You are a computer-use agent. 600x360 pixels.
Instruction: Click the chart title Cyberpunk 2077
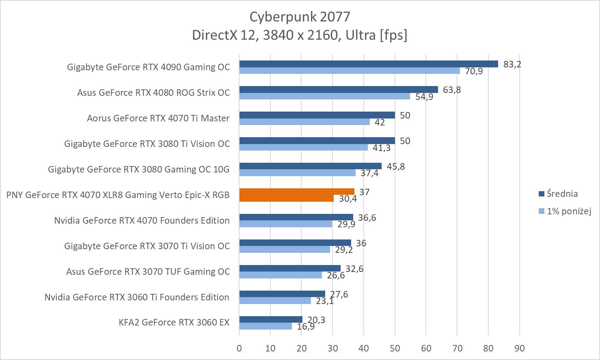[x=300, y=17]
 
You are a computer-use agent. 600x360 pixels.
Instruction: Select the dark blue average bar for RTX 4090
[x=368, y=64]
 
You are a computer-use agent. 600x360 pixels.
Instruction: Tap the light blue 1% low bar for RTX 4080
[x=324, y=96]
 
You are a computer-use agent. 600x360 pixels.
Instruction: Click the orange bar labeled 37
[x=296, y=192]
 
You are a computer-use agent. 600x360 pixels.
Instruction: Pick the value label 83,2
[x=512, y=64]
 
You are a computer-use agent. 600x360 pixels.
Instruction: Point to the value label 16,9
[x=306, y=326]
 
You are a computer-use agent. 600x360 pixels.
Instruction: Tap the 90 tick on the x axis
[x=519, y=348]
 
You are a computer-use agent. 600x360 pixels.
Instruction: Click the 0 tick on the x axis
[x=239, y=348]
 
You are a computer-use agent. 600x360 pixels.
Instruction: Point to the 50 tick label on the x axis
[x=395, y=348]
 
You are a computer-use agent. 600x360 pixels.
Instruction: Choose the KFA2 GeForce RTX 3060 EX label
[x=174, y=323]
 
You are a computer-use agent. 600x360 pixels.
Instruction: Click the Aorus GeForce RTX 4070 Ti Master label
[x=158, y=118]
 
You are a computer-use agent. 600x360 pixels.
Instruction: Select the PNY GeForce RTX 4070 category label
[x=118, y=195]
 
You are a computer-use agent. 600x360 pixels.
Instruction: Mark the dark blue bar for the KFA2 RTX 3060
[x=271, y=319]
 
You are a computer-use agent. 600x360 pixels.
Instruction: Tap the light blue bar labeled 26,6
[x=281, y=275]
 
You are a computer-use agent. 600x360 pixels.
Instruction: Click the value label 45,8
[x=396, y=166]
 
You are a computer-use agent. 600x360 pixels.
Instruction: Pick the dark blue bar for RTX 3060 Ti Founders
[x=282, y=294]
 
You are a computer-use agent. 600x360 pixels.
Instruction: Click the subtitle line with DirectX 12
[x=300, y=35]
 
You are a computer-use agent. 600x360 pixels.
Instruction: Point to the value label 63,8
[x=452, y=90]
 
